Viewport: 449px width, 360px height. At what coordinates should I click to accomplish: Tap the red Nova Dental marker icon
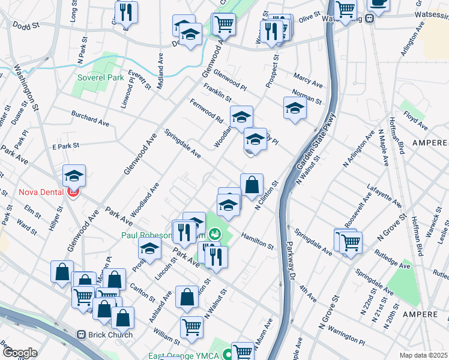point(73,193)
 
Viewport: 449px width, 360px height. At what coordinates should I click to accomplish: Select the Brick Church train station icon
point(82,334)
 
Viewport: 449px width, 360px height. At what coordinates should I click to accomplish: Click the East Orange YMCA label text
point(182,356)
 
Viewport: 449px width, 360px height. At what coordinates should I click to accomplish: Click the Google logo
point(20,353)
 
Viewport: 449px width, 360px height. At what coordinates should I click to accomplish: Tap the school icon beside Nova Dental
point(74,175)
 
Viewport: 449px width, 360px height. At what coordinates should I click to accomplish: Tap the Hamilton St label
point(258,241)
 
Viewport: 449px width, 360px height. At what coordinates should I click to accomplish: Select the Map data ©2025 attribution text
point(423,355)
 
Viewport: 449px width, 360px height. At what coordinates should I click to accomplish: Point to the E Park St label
point(66,146)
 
